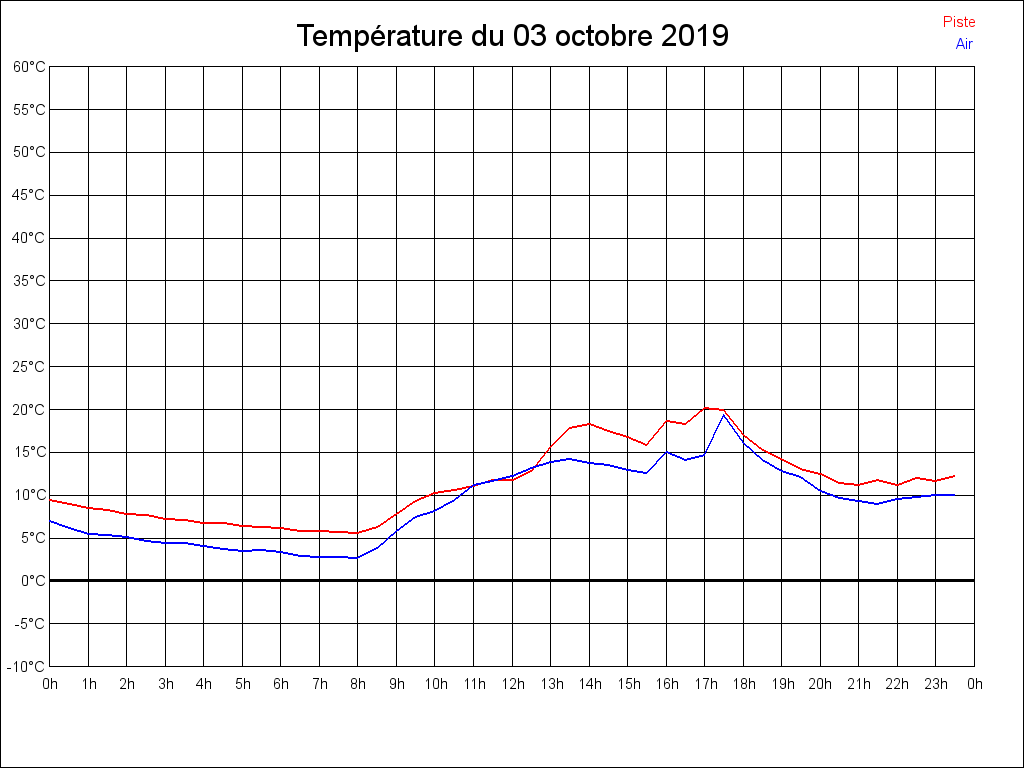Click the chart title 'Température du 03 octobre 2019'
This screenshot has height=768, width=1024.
(x=512, y=36)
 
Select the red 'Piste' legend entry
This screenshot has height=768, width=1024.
(x=959, y=22)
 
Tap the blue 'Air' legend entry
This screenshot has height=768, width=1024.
(x=964, y=44)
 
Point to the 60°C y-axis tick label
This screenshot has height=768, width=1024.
(x=29, y=67)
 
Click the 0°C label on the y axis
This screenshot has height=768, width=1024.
(x=33, y=581)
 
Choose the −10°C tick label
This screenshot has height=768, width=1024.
(x=27, y=667)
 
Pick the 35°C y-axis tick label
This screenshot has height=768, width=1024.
(x=29, y=281)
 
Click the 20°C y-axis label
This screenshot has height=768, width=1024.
(x=29, y=410)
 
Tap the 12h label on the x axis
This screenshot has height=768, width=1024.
(x=512, y=684)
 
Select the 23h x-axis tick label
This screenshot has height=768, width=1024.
(x=936, y=684)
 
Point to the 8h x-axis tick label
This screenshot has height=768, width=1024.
(x=358, y=684)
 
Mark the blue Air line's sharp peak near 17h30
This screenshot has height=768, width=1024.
(x=723, y=414)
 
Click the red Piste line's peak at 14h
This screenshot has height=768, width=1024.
(x=589, y=424)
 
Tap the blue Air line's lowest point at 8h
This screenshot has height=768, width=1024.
(x=355, y=558)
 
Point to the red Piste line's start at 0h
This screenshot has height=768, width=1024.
(x=50, y=499)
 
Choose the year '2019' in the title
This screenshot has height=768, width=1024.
(x=695, y=36)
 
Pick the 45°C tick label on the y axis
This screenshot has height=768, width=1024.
(x=29, y=195)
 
